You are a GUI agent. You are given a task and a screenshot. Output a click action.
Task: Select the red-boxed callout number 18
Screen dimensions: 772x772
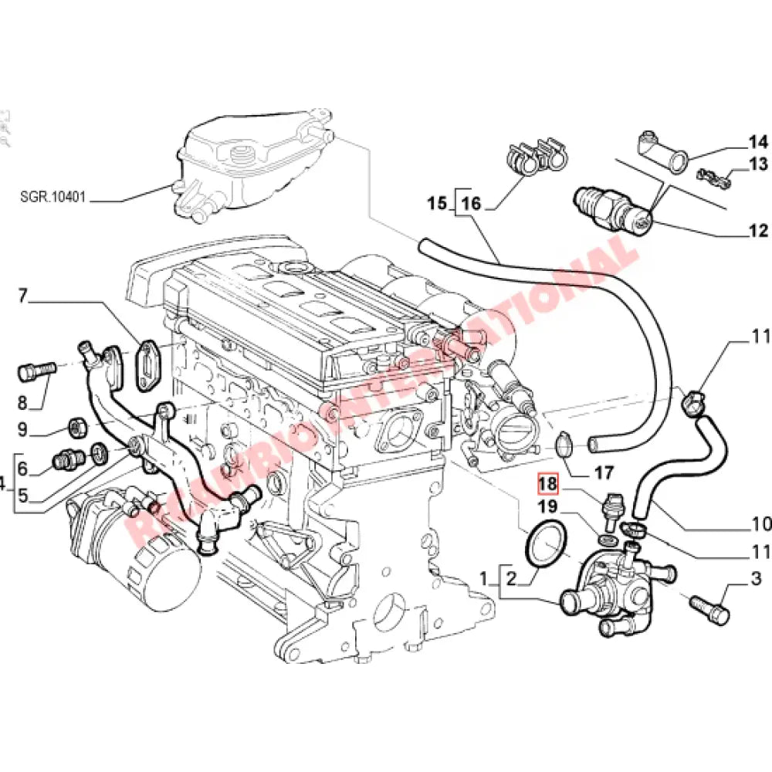(x=547, y=484)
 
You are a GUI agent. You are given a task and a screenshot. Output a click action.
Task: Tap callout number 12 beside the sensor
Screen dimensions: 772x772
(x=757, y=230)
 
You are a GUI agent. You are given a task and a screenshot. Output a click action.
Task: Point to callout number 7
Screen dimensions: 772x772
(x=22, y=294)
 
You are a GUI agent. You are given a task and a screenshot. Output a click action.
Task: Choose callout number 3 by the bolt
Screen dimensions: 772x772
(x=756, y=578)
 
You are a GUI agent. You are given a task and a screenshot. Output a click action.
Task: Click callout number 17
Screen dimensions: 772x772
(x=603, y=472)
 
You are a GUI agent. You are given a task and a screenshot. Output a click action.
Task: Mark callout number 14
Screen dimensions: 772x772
(x=757, y=141)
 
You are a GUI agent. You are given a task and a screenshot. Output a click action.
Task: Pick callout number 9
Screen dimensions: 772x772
(x=22, y=429)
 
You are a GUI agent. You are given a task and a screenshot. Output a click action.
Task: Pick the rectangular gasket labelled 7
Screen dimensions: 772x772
(x=145, y=362)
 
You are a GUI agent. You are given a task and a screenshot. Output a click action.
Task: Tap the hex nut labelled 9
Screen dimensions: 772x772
(x=77, y=425)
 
